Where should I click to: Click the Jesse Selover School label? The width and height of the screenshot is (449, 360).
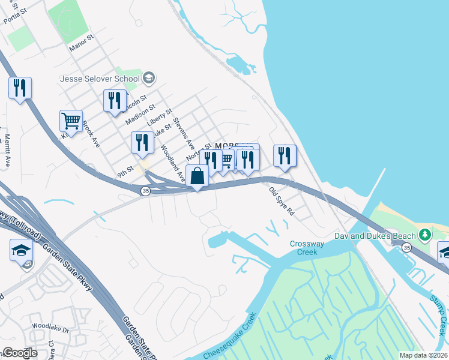pos(100,79)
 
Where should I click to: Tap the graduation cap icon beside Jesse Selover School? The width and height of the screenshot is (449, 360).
pos(149,78)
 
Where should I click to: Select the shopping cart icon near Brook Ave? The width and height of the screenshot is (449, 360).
pos(71,121)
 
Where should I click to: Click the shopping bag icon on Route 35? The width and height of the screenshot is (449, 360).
pos(197,176)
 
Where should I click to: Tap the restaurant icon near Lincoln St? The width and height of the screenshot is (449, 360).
pos(115,101)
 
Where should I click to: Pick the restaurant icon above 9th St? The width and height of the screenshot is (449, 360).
pos(142,142)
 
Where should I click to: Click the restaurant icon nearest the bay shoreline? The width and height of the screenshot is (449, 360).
pos(285,155)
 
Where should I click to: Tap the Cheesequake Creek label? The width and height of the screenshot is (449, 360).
pos(229,337)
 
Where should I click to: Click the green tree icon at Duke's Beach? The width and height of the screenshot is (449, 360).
pos(425,233)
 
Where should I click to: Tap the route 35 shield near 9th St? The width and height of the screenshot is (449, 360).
pos(145,191)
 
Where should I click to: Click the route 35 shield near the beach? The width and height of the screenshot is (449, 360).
pos(407,248)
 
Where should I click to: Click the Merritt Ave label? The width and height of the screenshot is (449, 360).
pos(8,150)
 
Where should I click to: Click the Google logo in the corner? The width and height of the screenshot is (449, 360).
pos(20,352)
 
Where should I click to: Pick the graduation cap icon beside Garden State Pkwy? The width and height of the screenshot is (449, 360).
pos(21,250)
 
